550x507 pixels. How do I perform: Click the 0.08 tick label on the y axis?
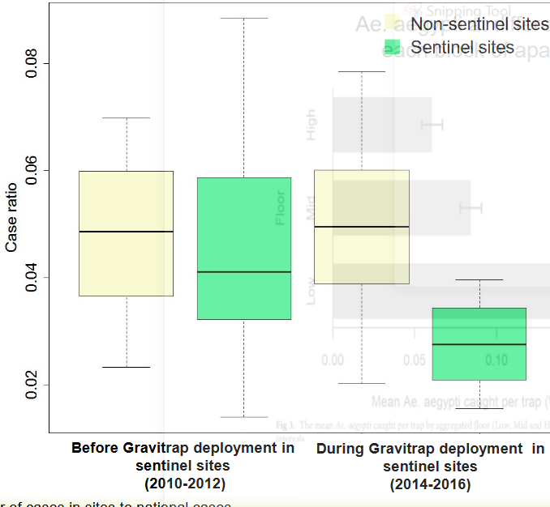click(32, 63)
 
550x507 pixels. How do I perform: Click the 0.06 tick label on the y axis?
click(32, 171)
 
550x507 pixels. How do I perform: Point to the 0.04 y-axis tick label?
click(32, 278)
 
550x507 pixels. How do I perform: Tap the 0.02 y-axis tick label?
click(32, 386)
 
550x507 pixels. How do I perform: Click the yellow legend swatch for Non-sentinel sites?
click(394, 23)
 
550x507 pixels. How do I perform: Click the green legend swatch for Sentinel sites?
click(394, 48)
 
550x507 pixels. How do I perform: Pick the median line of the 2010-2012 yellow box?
click(127, 232)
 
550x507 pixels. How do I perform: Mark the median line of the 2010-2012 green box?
click(244, 272)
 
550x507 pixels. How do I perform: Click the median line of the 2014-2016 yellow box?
click(362, 227)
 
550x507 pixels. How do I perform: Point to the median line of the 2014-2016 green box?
click(479, 344)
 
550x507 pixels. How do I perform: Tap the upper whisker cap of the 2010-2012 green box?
click(244, 18)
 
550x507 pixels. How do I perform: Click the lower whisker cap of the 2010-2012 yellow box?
click(127, 367)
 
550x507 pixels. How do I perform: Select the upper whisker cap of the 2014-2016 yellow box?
click(362, 72)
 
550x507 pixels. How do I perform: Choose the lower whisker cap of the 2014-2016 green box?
click(479, 408)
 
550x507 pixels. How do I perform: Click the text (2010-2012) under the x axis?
click(183, 484)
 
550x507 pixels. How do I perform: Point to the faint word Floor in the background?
click(281, 207)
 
